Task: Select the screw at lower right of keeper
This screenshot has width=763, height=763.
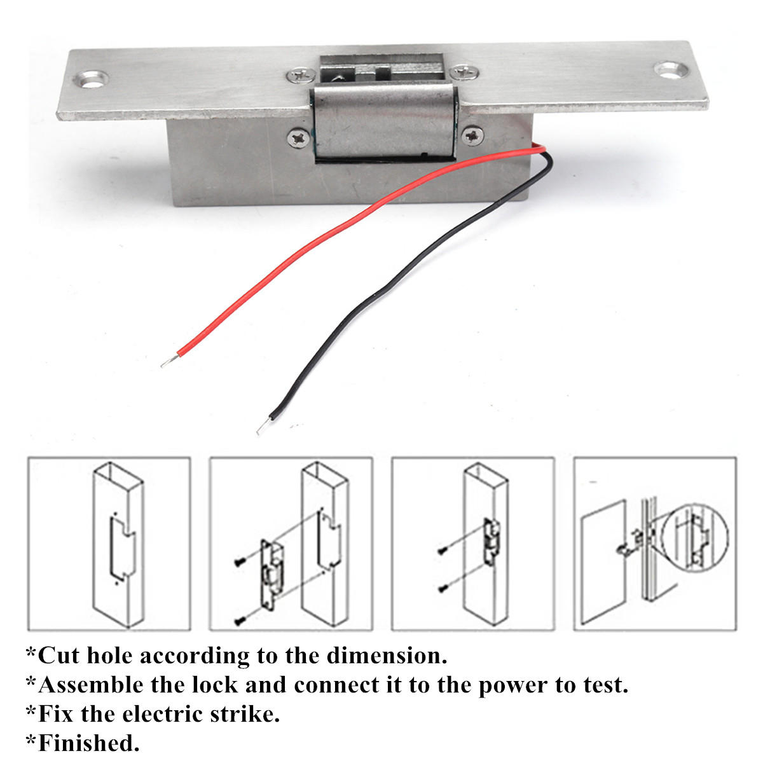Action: tap(473, 135)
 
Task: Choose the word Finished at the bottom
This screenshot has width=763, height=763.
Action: tap(86, 743)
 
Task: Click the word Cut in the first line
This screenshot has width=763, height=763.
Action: tap(58, 656)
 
